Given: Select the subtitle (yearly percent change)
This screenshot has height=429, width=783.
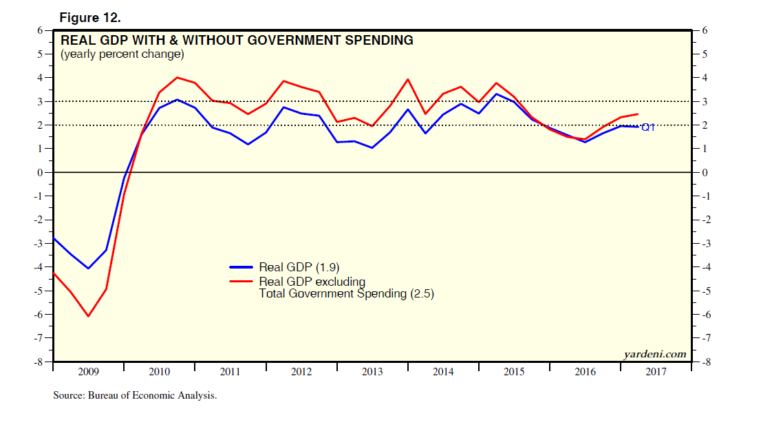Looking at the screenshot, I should pos(122,54).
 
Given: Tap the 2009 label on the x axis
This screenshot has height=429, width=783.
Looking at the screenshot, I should pos(88,372).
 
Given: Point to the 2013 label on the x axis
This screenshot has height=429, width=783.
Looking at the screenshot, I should pos(372,372).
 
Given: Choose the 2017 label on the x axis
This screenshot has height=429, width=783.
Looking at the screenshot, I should pos(656,372).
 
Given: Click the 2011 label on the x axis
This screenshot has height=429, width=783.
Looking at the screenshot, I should pos(230,372).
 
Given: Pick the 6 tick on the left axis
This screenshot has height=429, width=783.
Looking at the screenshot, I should pos(40,30).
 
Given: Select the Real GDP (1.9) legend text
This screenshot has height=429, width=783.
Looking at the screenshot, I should pos(298,267).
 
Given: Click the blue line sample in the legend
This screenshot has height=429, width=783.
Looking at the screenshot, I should pos(242,267).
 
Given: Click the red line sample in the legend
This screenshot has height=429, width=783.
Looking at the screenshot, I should pos(242,281).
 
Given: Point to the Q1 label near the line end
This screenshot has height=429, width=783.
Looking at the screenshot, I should pos(647,127).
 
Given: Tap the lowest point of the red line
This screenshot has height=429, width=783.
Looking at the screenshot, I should pos(88,316).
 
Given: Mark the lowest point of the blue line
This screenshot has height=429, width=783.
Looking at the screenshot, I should pos(88,269).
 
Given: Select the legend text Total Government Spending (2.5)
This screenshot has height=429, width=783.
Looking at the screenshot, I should pos(346,293).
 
